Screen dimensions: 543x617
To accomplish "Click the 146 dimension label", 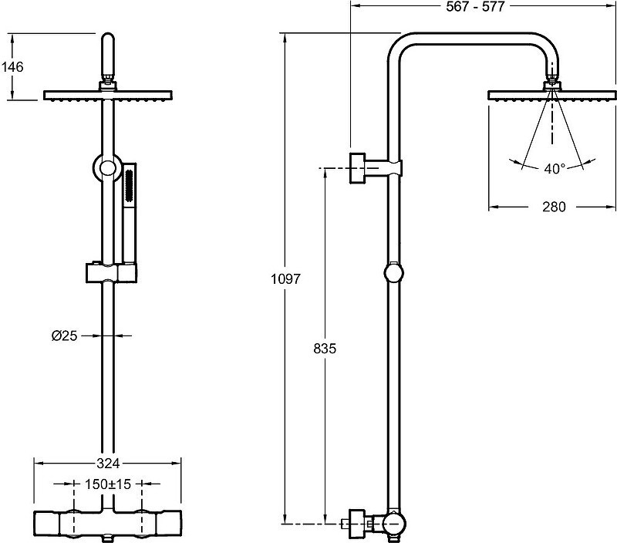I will (x=13, y=67).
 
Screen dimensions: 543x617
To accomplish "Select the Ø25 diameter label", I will (x=64, y=336).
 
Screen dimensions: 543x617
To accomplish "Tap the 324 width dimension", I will (x=108, y=464).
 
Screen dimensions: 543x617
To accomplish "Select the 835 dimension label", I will (x=325, y=348).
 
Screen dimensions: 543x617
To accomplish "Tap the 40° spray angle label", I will (x=555, y=168).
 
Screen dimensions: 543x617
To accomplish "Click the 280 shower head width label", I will (x=554, y=207).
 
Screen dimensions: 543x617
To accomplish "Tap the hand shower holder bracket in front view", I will (x=112, y=272).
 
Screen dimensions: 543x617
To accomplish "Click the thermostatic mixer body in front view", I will (x=108, y=526).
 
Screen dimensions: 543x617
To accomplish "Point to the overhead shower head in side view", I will (x=552, y=96).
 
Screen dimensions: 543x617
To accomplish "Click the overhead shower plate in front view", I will (x=108, y=96).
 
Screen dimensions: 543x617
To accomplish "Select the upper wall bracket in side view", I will (x=374, y=168).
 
